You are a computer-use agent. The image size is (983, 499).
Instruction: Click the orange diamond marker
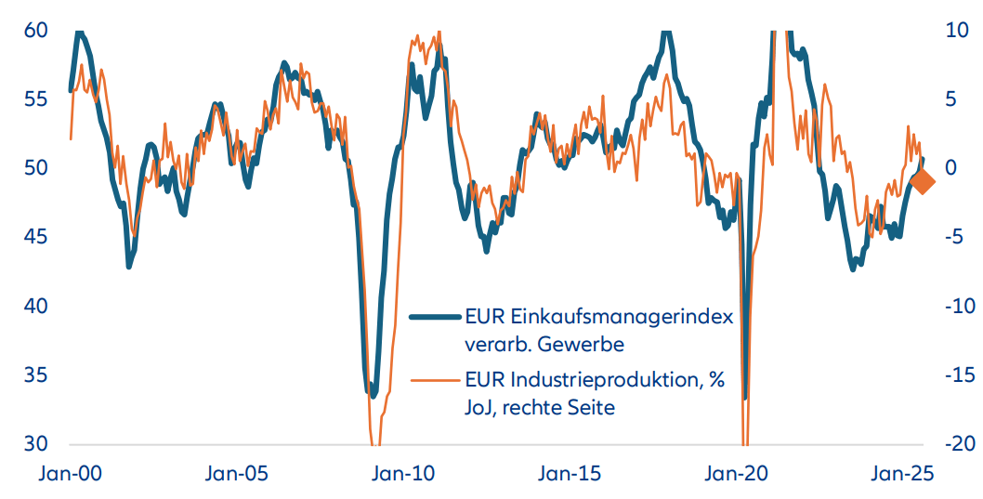923,183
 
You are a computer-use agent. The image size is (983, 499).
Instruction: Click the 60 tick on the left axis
35,31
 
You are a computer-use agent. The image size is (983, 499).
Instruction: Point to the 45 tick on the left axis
35,238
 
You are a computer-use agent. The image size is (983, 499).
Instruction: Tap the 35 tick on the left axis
35,375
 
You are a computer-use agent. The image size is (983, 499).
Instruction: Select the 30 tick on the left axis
35,444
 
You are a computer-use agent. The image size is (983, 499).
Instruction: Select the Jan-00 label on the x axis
72,474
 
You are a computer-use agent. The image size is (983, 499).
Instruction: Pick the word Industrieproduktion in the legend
609,379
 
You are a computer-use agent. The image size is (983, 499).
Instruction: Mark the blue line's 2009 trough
374,395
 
